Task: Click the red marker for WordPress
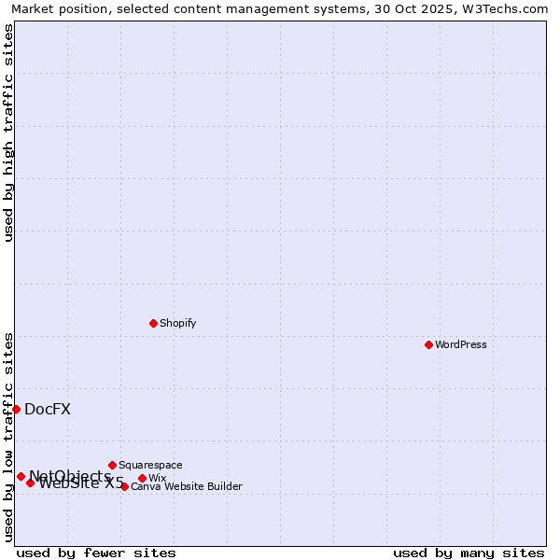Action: tap(428, 344)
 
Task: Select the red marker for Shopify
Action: tap(153, 323)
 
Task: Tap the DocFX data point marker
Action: tap(16, 409)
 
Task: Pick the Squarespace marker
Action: tap(112, 465)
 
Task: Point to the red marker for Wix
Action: tap(142, 478)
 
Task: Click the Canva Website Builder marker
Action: tap(124, 486)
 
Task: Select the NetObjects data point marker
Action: tap(21, 476)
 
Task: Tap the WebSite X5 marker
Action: tap(30, 483)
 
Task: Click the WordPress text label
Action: tap(461, 344)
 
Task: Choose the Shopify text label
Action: tap(177, 323)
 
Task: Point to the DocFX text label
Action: tap(48, 409)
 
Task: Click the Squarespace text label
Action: tap(150, 465)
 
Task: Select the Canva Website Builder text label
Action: tap(187, 486)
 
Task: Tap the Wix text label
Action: tap(158, 478)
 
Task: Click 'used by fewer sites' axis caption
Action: tap(96, 553)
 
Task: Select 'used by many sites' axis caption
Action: tap(469, 553)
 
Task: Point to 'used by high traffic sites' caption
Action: tap(8, 133)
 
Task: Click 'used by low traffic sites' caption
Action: tap(8, 437)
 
